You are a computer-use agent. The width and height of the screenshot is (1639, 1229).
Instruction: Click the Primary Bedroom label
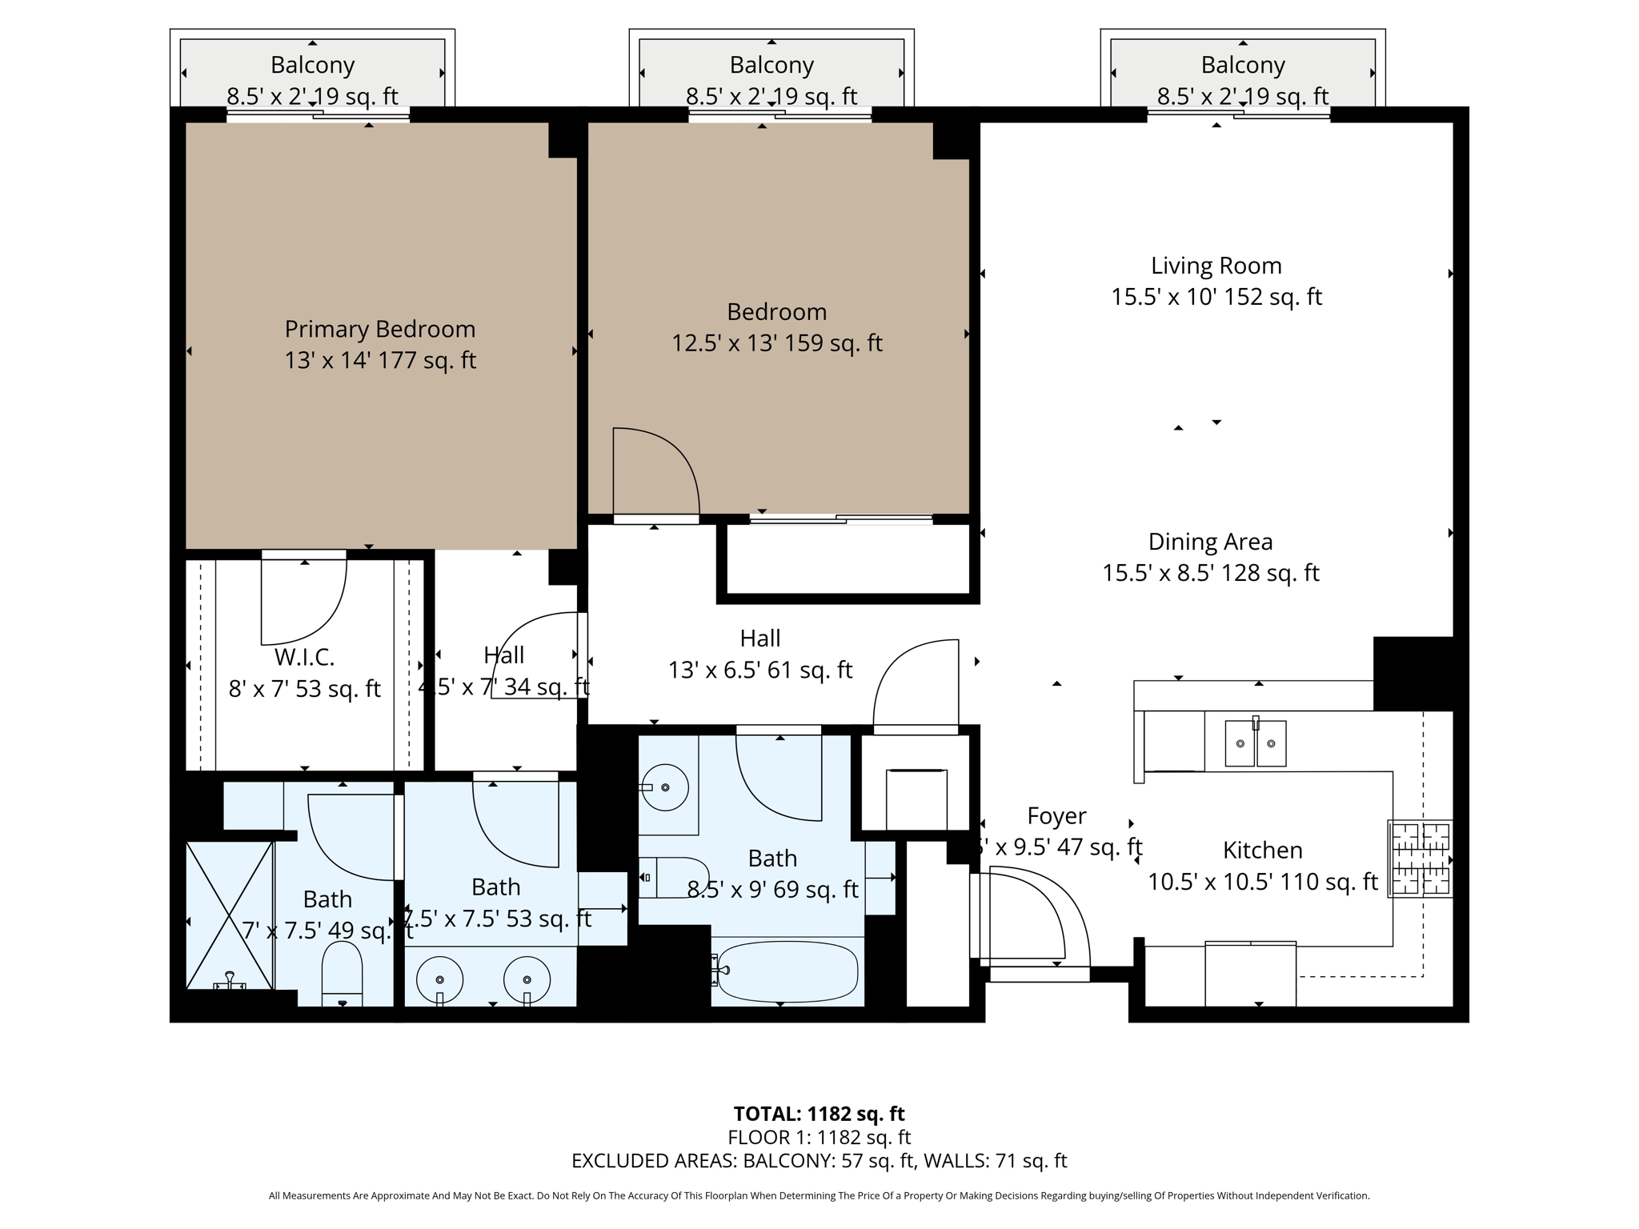coord(380,329)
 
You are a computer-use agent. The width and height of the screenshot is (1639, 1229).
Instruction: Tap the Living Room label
coord(1216,266)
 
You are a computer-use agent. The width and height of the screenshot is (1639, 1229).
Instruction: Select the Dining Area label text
coord(1210,542)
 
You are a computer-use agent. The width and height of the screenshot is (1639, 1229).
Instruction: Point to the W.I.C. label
coord(304,658)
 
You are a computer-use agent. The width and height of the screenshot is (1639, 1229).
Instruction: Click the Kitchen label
coord(1262,850)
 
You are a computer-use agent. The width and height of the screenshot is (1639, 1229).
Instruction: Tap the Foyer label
coord(1056,816)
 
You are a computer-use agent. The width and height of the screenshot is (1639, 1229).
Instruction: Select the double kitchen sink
coord(1255,743)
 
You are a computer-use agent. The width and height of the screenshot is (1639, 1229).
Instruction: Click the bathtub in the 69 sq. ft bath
coord(787,972)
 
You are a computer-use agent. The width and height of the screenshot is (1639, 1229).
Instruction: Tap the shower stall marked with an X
coord(230,915)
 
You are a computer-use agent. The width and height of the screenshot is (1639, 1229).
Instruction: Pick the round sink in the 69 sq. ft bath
coord(665,787)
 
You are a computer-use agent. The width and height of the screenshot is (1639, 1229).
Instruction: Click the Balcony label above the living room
coord(1242,65)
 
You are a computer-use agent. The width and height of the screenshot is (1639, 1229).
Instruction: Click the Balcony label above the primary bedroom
coord(312,65)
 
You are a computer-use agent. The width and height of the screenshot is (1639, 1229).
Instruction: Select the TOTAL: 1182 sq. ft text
coord(819,1114)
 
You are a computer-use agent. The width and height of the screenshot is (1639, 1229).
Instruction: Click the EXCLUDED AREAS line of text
coord(819,1160)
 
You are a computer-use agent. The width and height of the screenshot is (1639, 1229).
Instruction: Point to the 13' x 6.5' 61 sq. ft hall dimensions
coord(760,670)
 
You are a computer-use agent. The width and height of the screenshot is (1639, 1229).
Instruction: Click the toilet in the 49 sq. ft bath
coord(342,972)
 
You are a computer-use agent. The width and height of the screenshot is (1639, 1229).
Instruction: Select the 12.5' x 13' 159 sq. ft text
coord(776,343)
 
